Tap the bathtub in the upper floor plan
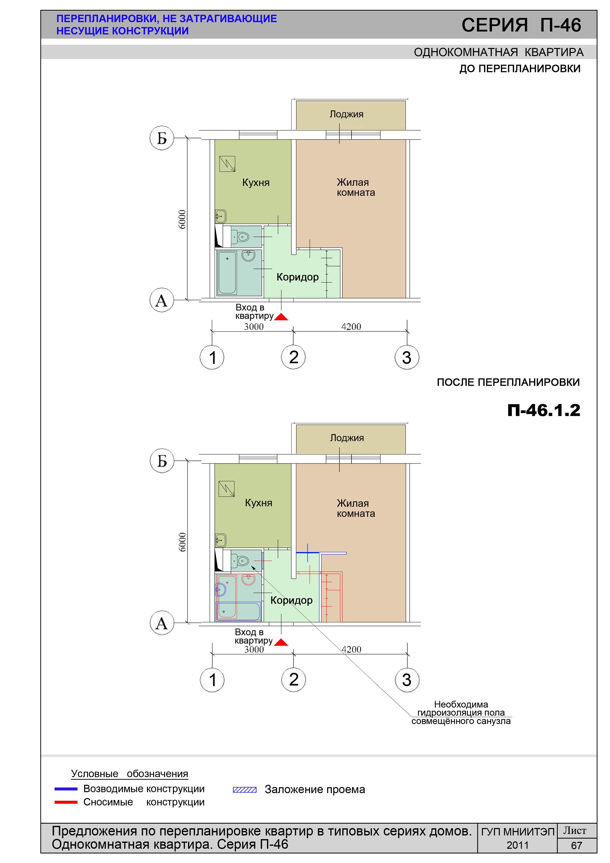227,273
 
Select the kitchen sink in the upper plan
221,216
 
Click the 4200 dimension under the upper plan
351,327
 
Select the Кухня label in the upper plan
256,183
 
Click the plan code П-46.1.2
544,410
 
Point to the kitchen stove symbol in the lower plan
226,489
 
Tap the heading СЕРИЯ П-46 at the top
521,25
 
